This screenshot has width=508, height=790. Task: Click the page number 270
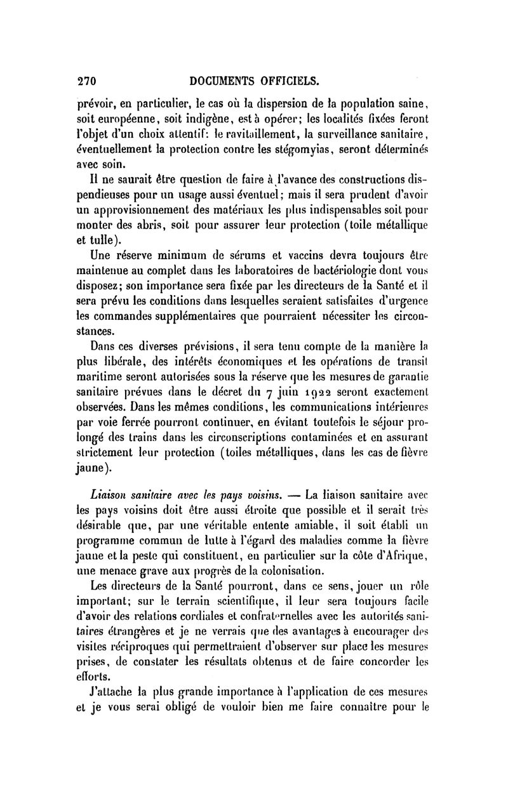point(86,81)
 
